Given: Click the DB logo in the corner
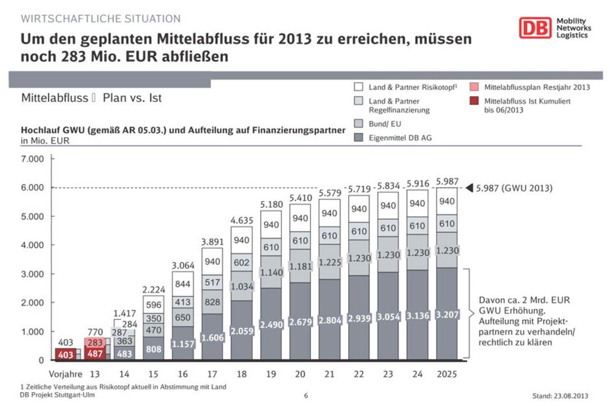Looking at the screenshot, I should (x=535, y=27).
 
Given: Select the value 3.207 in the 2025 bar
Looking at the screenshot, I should (x=447, y=315).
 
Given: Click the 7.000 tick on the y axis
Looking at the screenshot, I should (x=33, y=159).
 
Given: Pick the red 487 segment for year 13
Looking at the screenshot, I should (x=96, y=354).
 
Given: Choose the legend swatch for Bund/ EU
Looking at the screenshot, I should (x=359, y=124).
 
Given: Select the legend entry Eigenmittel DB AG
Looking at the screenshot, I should (x=401, y=138).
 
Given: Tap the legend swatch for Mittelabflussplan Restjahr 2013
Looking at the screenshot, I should (x=474, y=87).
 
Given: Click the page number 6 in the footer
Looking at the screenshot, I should (x=306, y=395).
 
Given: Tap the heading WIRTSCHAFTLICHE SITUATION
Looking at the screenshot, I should (x=101, y=19).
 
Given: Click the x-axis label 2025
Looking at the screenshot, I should (x=447, y=375).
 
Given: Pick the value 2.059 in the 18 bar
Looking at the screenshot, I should (x=241, y=330).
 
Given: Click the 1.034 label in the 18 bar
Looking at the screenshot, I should (x=241, y=286).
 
